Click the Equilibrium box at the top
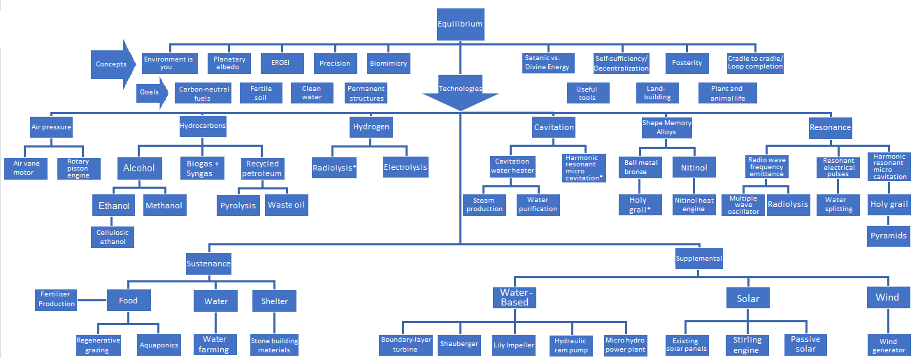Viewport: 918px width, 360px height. (459, 24)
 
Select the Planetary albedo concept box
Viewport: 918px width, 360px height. (229, 64)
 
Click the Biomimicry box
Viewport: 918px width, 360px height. (387, 64)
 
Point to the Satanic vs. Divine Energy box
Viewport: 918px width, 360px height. (548, 63)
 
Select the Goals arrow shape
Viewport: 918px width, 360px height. (150, 92)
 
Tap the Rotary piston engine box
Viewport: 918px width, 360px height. (78, 168)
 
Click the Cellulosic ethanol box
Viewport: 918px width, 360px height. (113, 236)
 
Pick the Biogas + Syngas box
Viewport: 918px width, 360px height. (203, 168)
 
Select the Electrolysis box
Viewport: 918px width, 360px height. (406, 168)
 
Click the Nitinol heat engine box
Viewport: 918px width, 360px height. (694, 205)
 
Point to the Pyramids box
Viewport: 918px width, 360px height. (889, 236)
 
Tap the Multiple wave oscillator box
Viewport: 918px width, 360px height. (743, 205)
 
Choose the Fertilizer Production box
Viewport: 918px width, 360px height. (57, 299)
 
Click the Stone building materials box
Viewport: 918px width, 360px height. (274, 345)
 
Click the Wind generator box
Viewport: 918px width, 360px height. (888, 345)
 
